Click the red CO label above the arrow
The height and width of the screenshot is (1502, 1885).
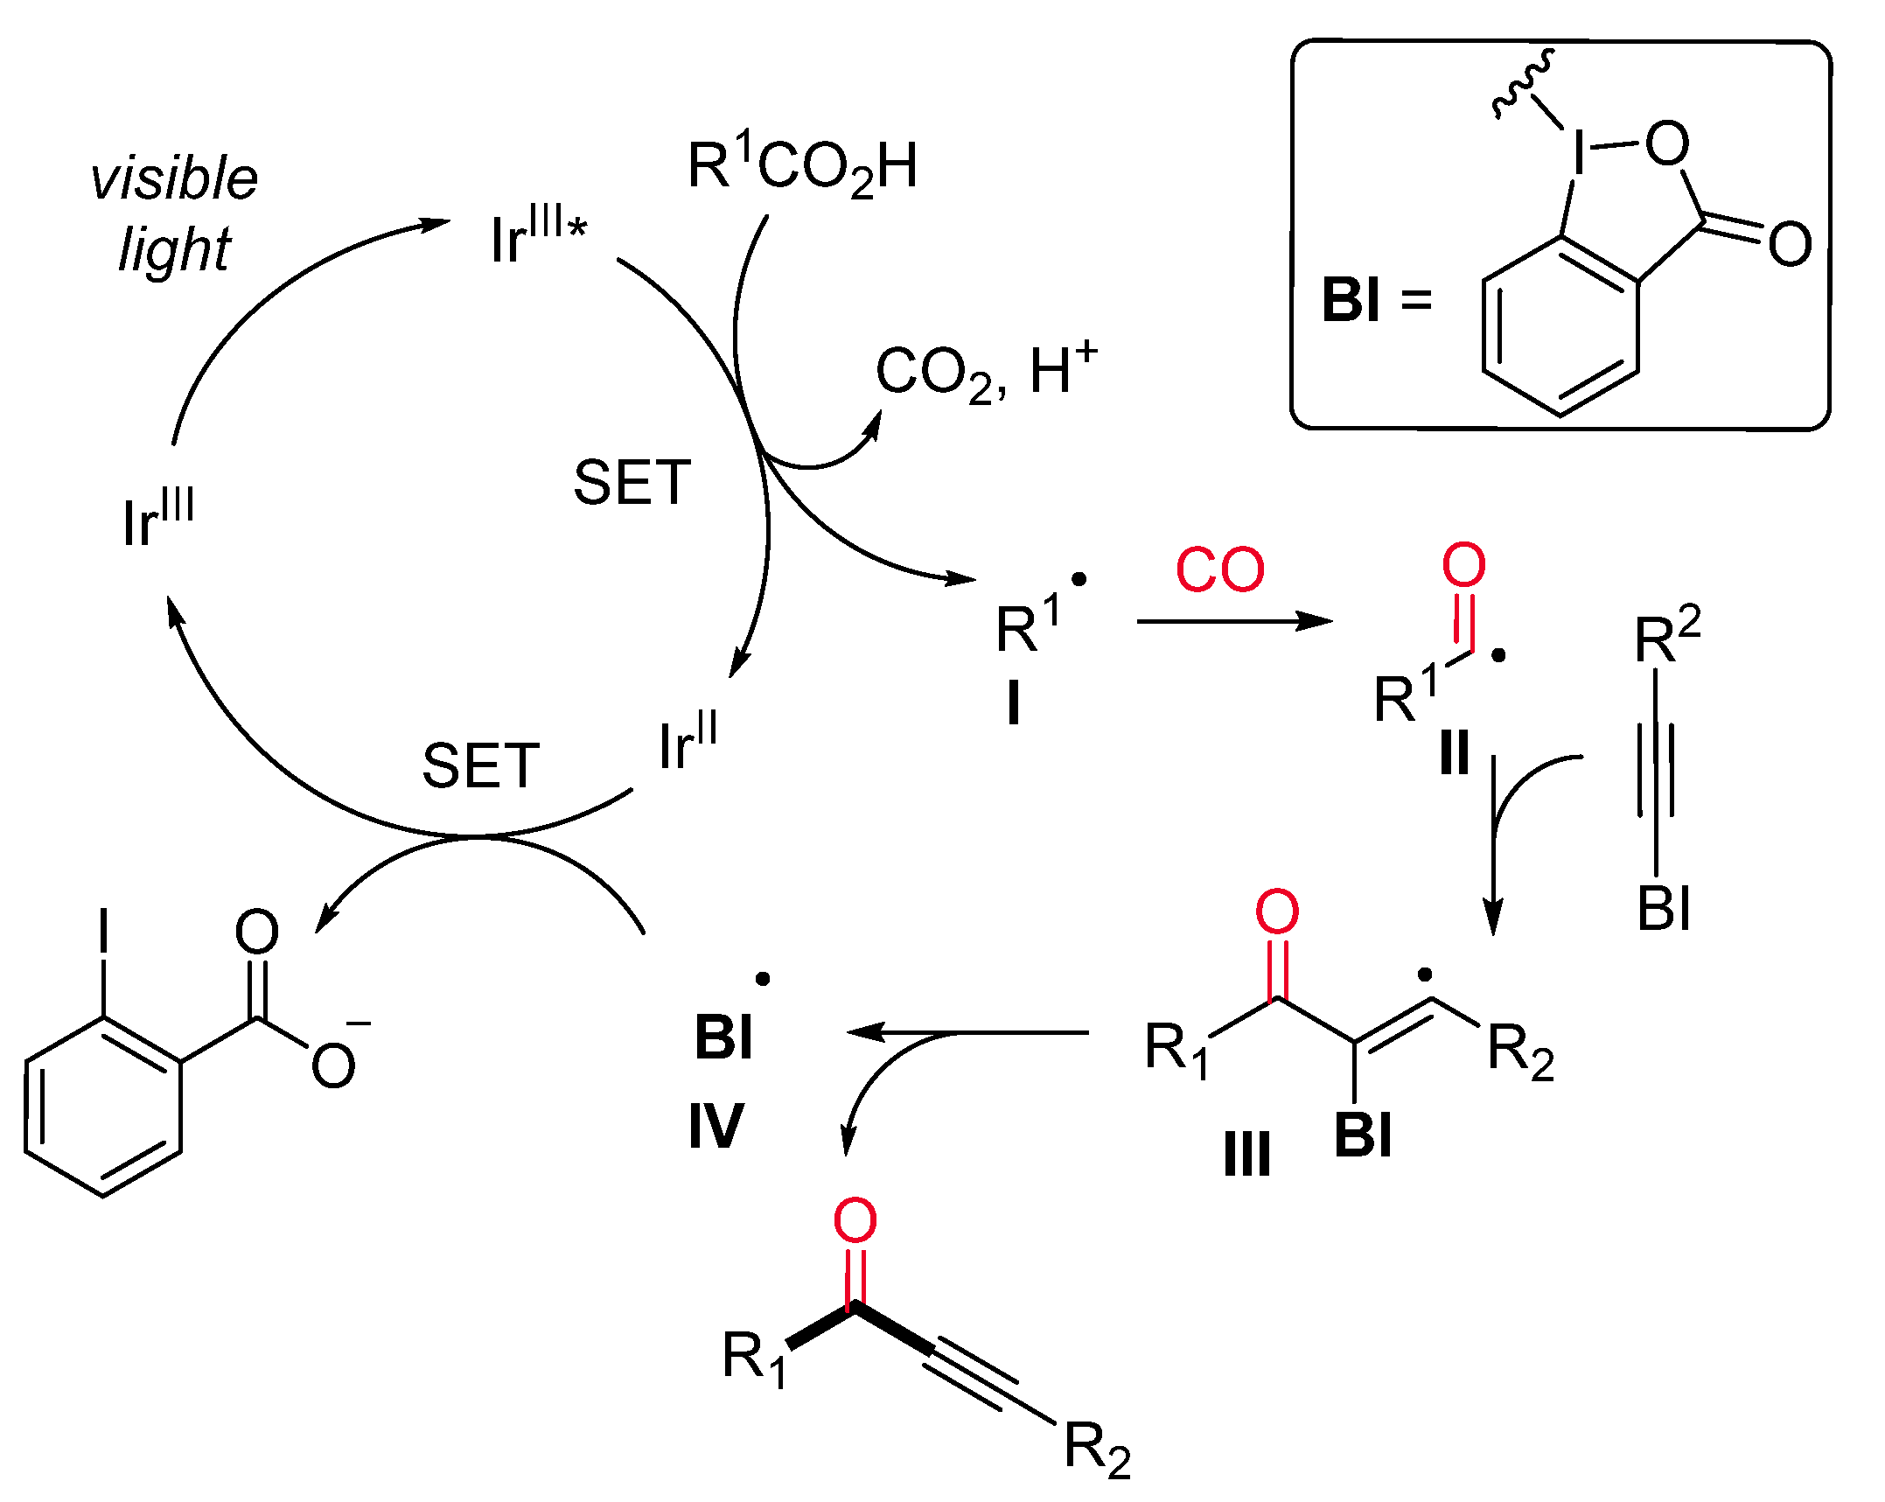click(1219, 569)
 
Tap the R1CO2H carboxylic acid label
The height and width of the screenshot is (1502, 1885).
click(802, 166)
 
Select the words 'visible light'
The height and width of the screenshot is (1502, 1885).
click(174, 213)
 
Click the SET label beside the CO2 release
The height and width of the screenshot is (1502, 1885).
click(632, 483)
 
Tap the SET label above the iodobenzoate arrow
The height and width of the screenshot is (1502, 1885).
click(480, 765)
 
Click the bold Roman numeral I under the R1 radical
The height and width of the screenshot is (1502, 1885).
click(1014, 703)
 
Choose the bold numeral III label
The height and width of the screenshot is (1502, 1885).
click(1246, 1155)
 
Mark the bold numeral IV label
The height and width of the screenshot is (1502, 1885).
click(716, 1126)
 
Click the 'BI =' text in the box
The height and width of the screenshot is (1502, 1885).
click(1376, 300)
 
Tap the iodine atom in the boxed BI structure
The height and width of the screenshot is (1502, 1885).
click(1579, 153)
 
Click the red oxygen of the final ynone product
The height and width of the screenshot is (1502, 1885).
click(855, 1220)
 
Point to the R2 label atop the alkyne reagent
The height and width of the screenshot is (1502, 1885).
click(1666, 638)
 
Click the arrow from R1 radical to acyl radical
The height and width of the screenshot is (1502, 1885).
click(1233, 621)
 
